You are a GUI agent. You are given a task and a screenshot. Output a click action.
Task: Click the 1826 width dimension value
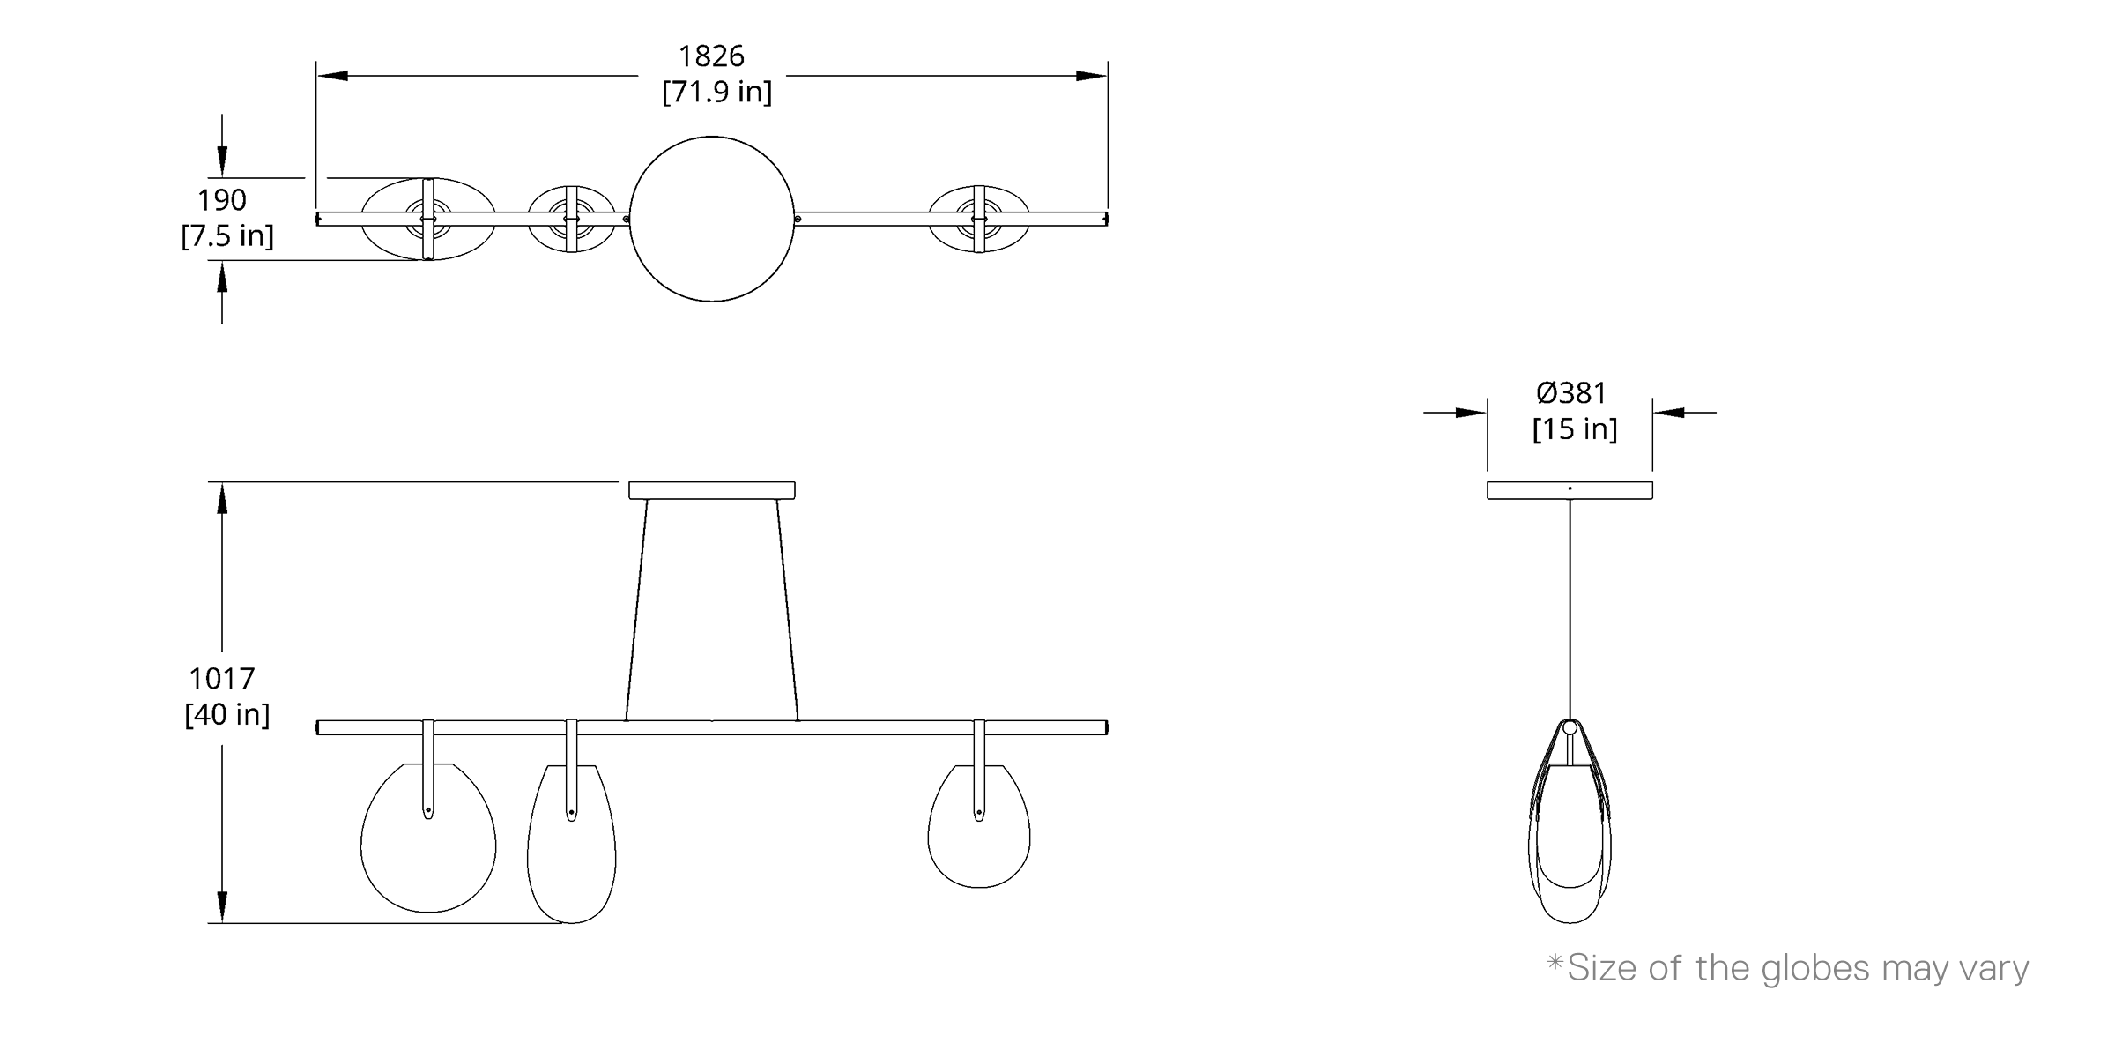coord(711,56)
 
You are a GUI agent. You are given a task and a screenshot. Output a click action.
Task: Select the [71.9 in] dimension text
coord(717,92)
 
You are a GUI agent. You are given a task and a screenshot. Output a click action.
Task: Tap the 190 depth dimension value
coord(222,200)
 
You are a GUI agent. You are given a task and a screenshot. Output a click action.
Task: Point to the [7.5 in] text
coord(227,235)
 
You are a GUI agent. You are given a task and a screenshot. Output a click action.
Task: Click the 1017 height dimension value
coord(222,679)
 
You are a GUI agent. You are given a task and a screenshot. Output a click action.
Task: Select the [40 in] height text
coord(227,714)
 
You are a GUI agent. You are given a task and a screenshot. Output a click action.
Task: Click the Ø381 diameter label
coord(1571,392)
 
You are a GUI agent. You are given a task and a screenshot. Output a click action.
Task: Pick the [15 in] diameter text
coord(1575,429)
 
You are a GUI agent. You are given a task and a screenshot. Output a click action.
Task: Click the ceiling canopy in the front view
coord(712,490)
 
